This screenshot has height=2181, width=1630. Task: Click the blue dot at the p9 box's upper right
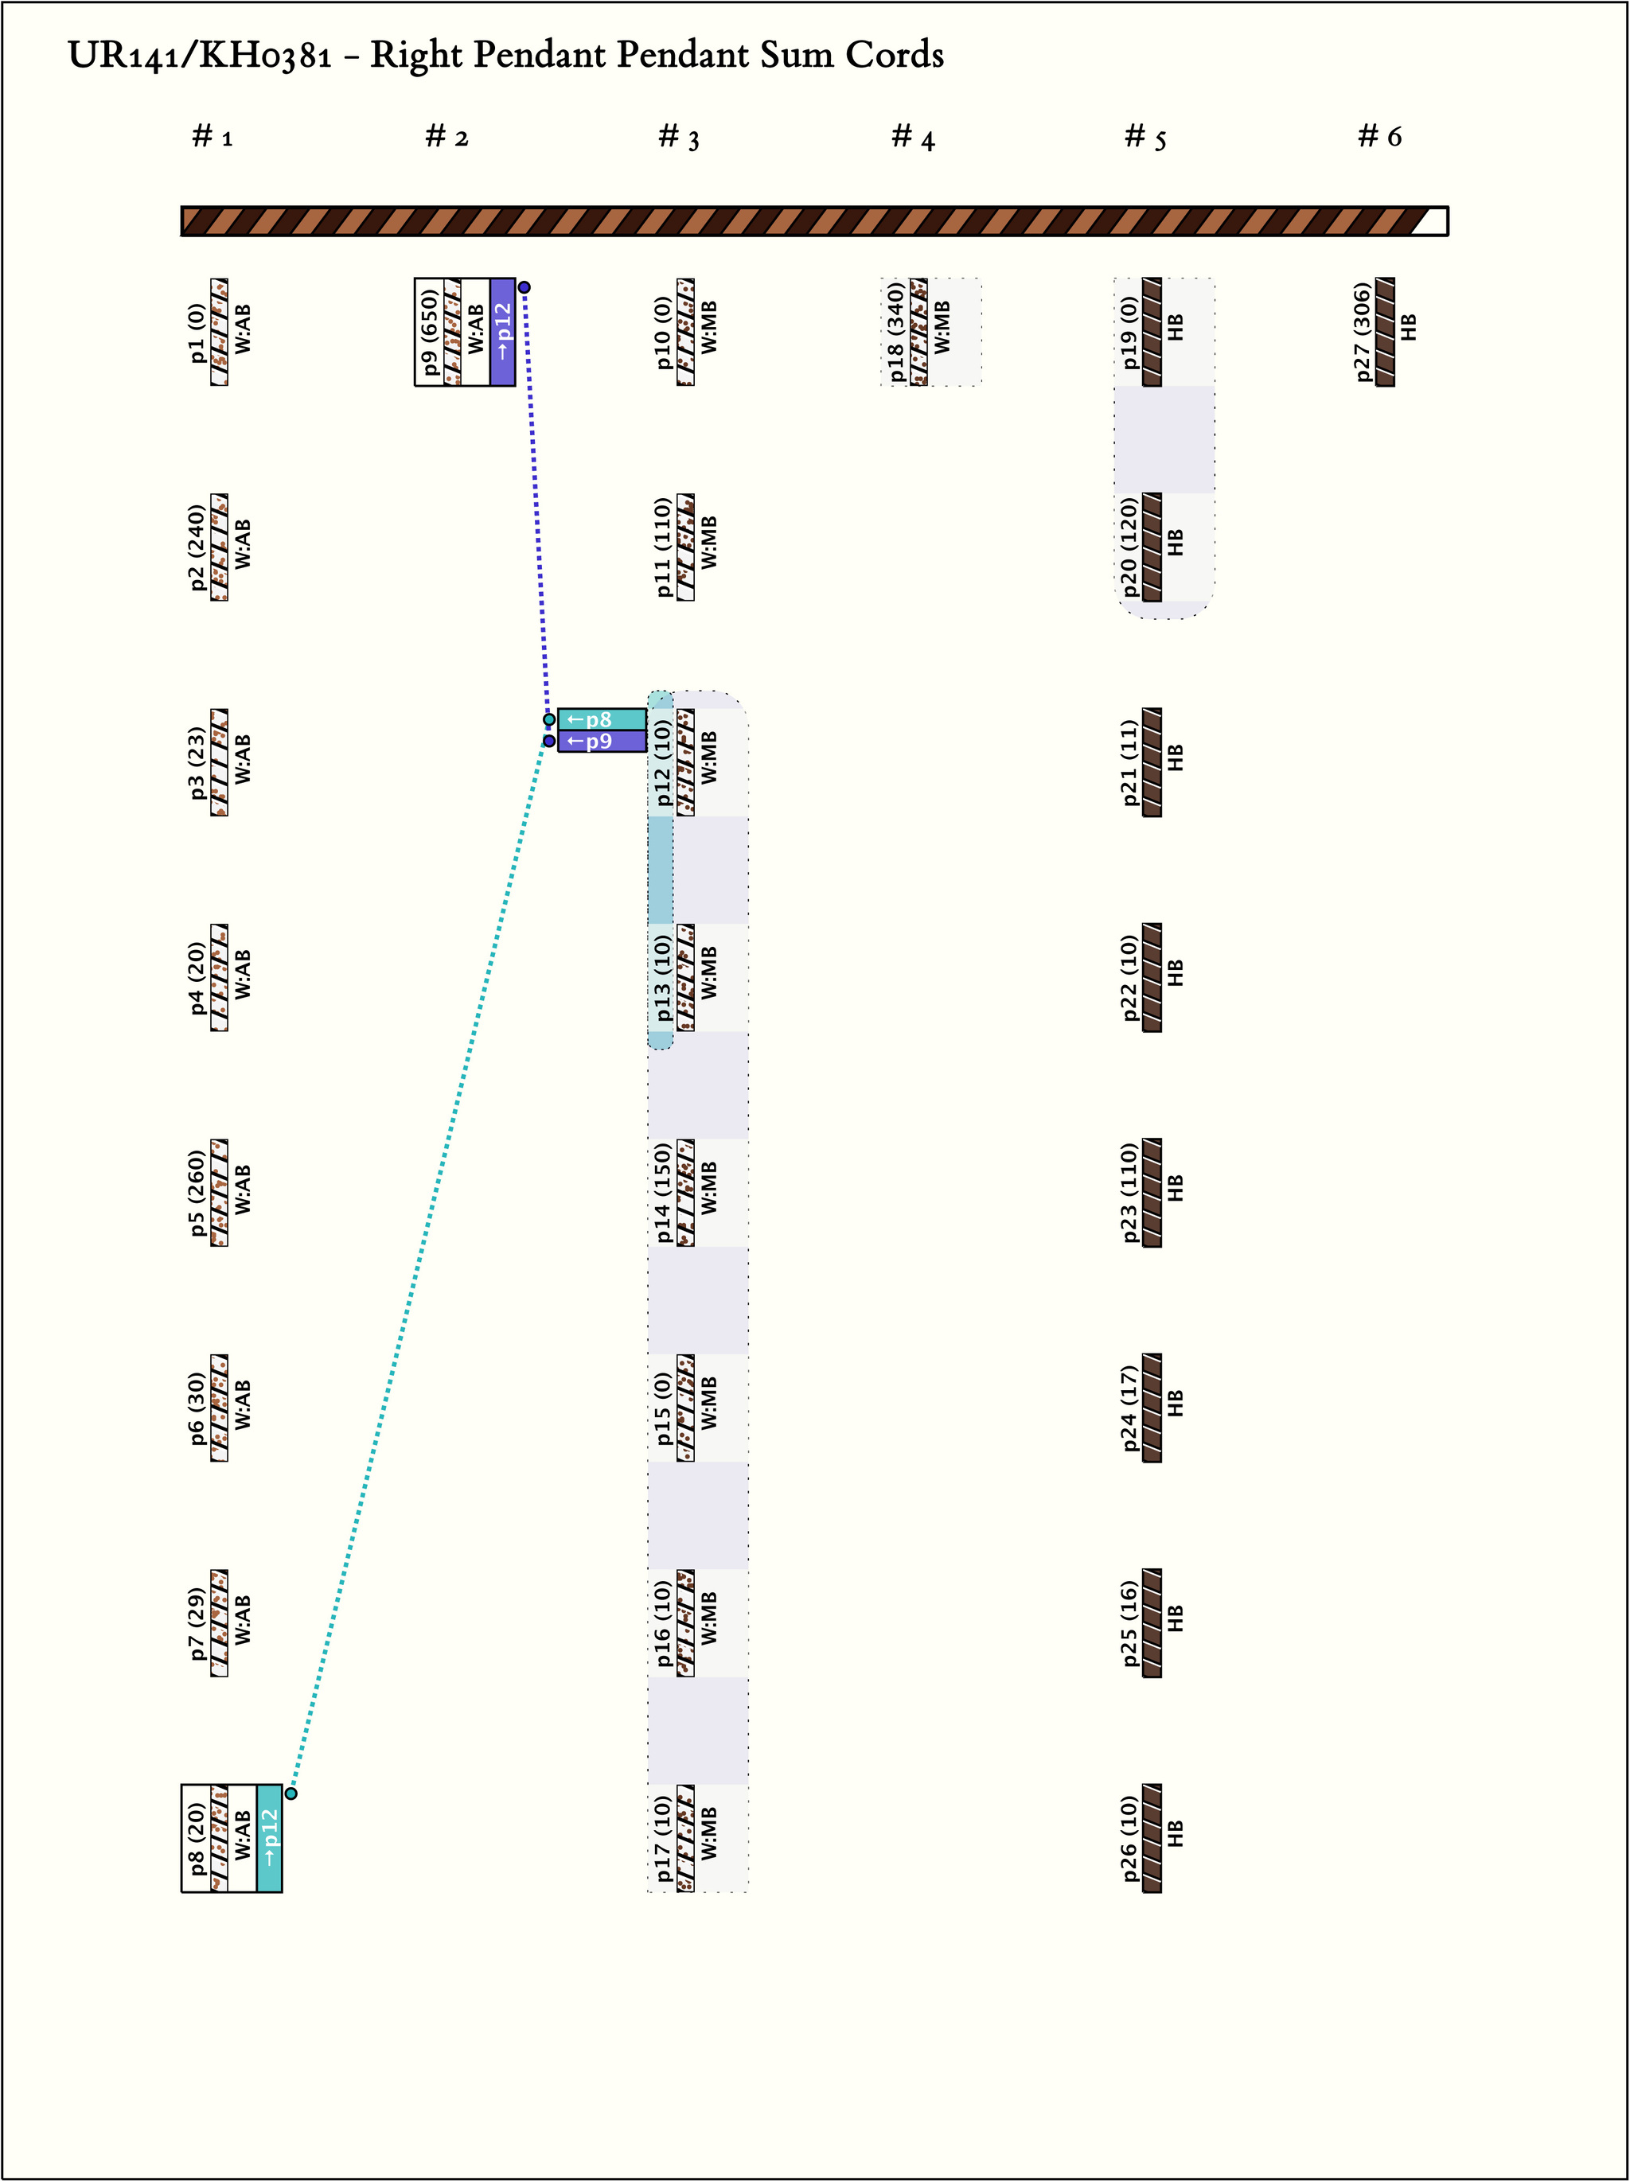click(524, 288)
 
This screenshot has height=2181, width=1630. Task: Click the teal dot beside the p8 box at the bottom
click(291, 1793)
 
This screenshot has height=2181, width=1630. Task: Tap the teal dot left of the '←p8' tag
click(549, 720)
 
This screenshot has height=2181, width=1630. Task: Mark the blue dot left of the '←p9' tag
click(549, 742)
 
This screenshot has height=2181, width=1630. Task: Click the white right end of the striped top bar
click(1432, 221)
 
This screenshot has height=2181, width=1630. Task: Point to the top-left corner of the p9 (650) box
click(415, 278)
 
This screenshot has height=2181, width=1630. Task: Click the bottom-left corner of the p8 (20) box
click(181, 1892)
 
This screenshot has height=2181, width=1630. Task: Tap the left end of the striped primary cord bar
click(182, 221)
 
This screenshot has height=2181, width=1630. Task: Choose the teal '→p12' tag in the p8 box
click(269, 1838)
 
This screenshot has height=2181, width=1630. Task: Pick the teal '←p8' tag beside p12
click(602, 720)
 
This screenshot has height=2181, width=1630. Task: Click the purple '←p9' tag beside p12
click(602, 742)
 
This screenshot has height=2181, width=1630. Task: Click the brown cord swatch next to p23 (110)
click(1152, 1193)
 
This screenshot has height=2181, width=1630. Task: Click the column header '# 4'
click(912, 138)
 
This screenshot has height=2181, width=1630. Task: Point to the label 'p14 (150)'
click(663, 1193)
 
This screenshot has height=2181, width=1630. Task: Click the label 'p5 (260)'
click(197, 1193)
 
